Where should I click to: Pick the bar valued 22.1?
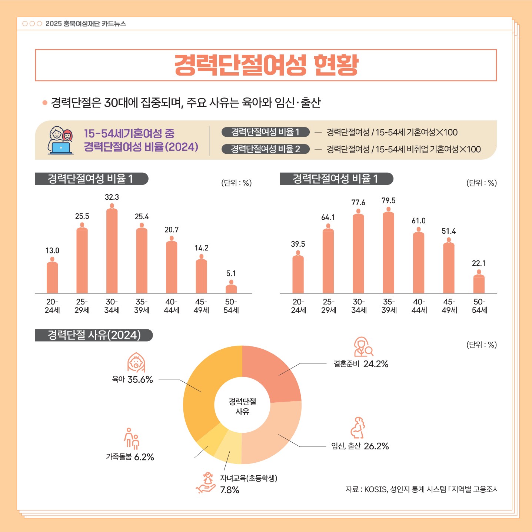coord(479,284)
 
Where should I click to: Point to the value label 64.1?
coord(328,217)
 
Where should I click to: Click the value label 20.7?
coord(172,230)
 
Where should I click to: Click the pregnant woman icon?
coord(358,428)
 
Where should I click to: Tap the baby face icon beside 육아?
coord(136,362)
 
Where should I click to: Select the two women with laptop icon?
coord(61,140)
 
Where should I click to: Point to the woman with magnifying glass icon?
coord(363,347)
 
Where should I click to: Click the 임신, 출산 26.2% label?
coord(360,446)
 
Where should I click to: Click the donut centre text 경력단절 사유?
coord(242,406)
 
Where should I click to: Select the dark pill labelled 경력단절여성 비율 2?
coord(265,149)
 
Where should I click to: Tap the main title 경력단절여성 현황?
coord(266,65)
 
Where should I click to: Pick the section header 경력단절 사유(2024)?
coord(94,335)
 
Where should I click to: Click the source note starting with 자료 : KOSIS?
coord(421,489)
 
